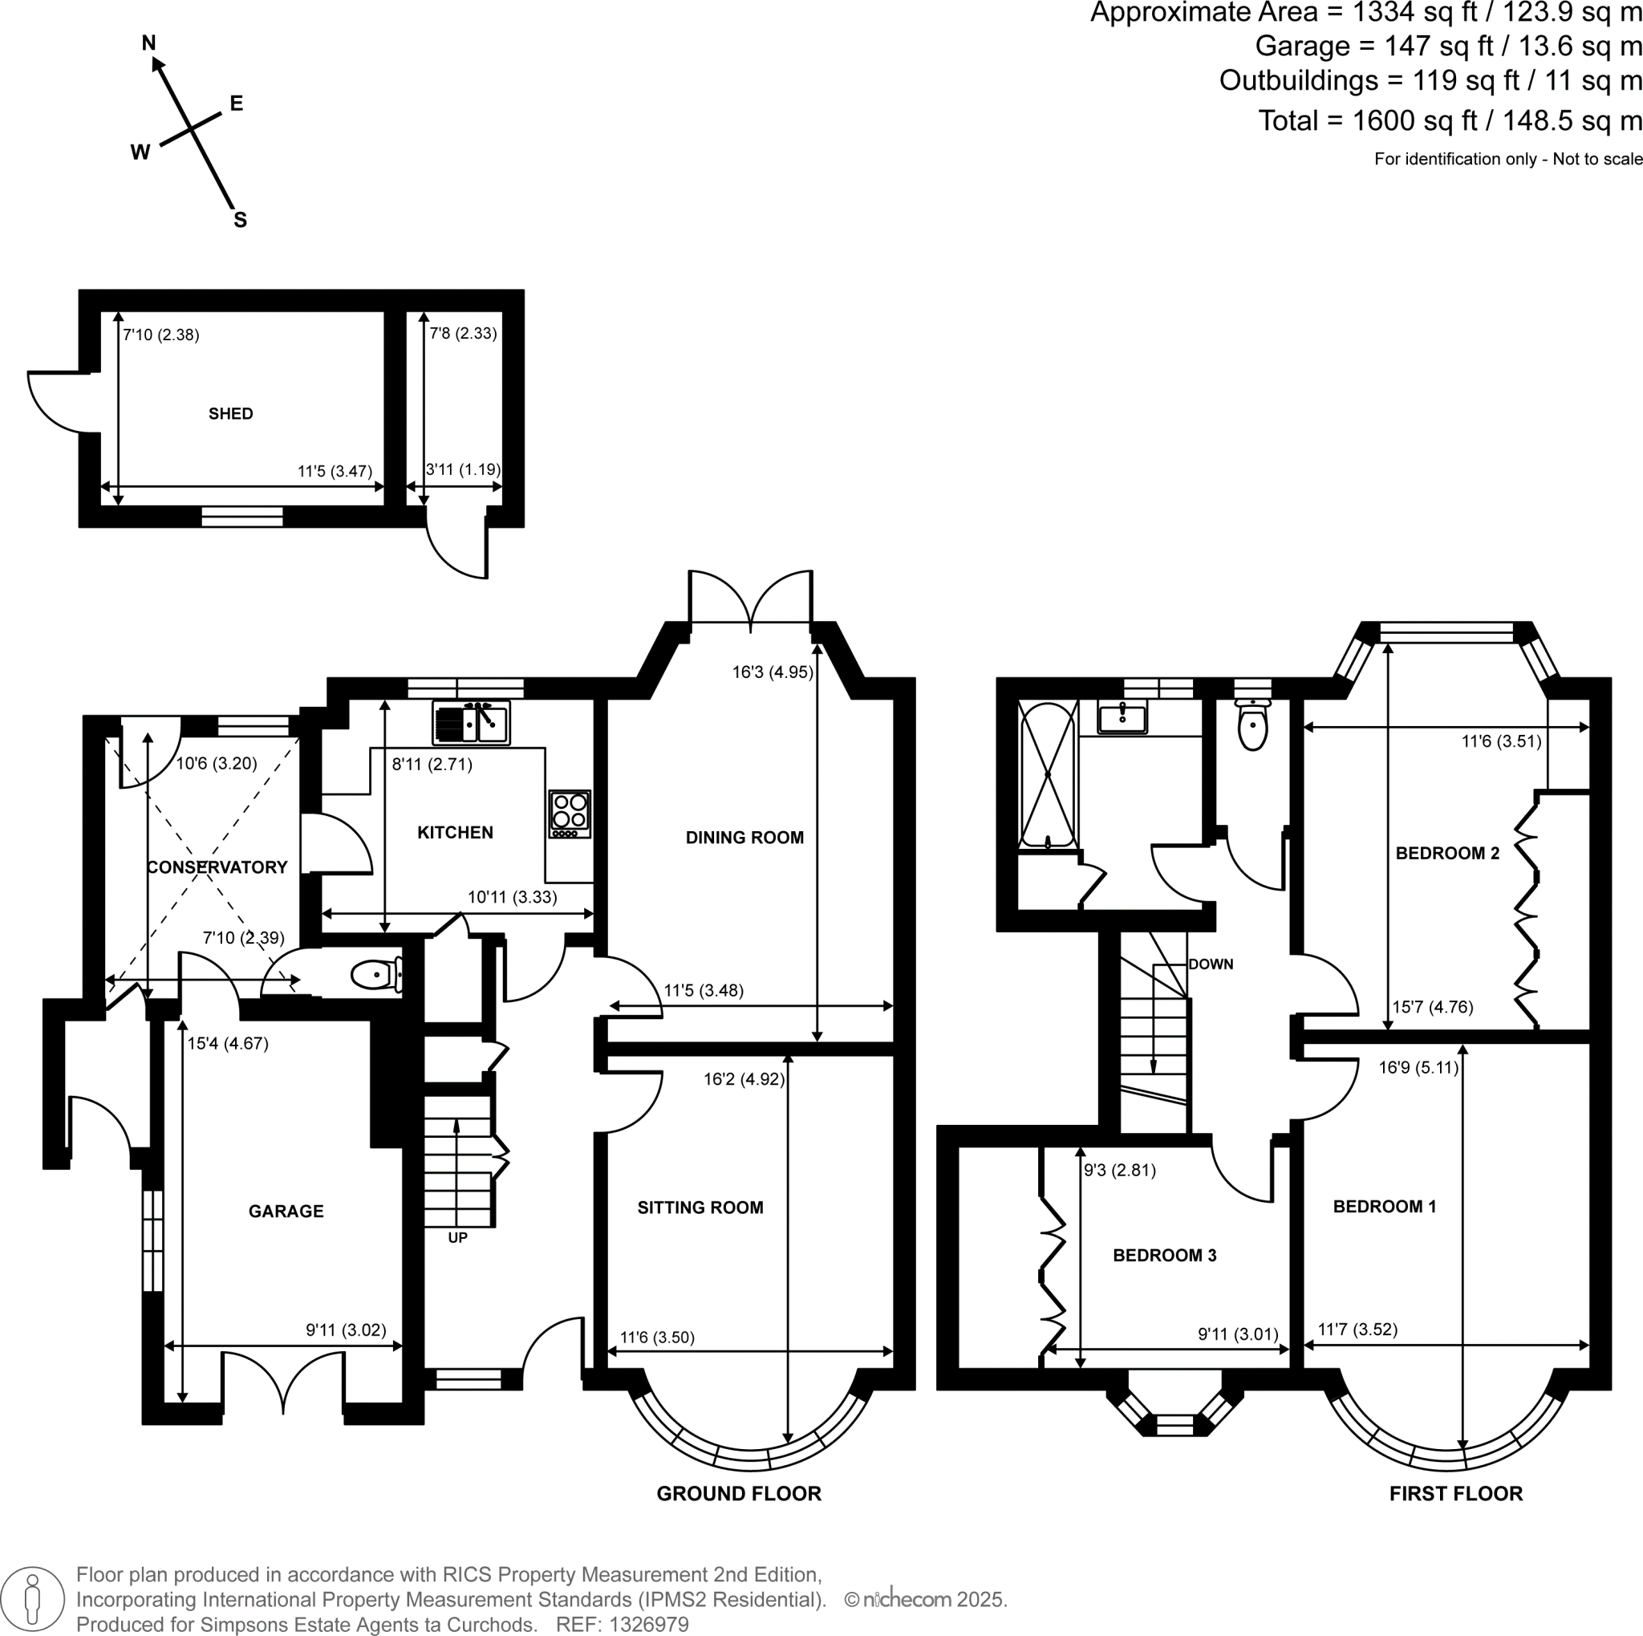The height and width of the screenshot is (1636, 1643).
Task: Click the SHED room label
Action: point(230,414)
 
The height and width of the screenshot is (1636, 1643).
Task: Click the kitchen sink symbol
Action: point(471,724)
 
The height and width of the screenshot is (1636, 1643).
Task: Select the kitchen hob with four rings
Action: point(570,814)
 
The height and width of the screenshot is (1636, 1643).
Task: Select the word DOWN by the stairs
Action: point(1210,964)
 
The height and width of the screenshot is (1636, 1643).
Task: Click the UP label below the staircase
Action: point(457,1238)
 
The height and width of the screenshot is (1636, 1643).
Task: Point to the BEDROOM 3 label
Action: point(1164,1255)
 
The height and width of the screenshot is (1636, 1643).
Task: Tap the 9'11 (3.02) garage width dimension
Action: point(346,1330)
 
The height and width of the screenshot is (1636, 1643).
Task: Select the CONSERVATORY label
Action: point(217,867)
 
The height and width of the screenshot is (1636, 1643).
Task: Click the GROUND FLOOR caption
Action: point(738,1494)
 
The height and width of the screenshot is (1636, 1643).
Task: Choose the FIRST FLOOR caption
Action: point(1456,1494)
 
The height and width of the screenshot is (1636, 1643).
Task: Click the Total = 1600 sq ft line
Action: point(1449,120)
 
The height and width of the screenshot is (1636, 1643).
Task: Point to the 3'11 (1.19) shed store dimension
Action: point(463,469)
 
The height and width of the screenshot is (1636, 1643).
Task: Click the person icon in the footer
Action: point(33,1598)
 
